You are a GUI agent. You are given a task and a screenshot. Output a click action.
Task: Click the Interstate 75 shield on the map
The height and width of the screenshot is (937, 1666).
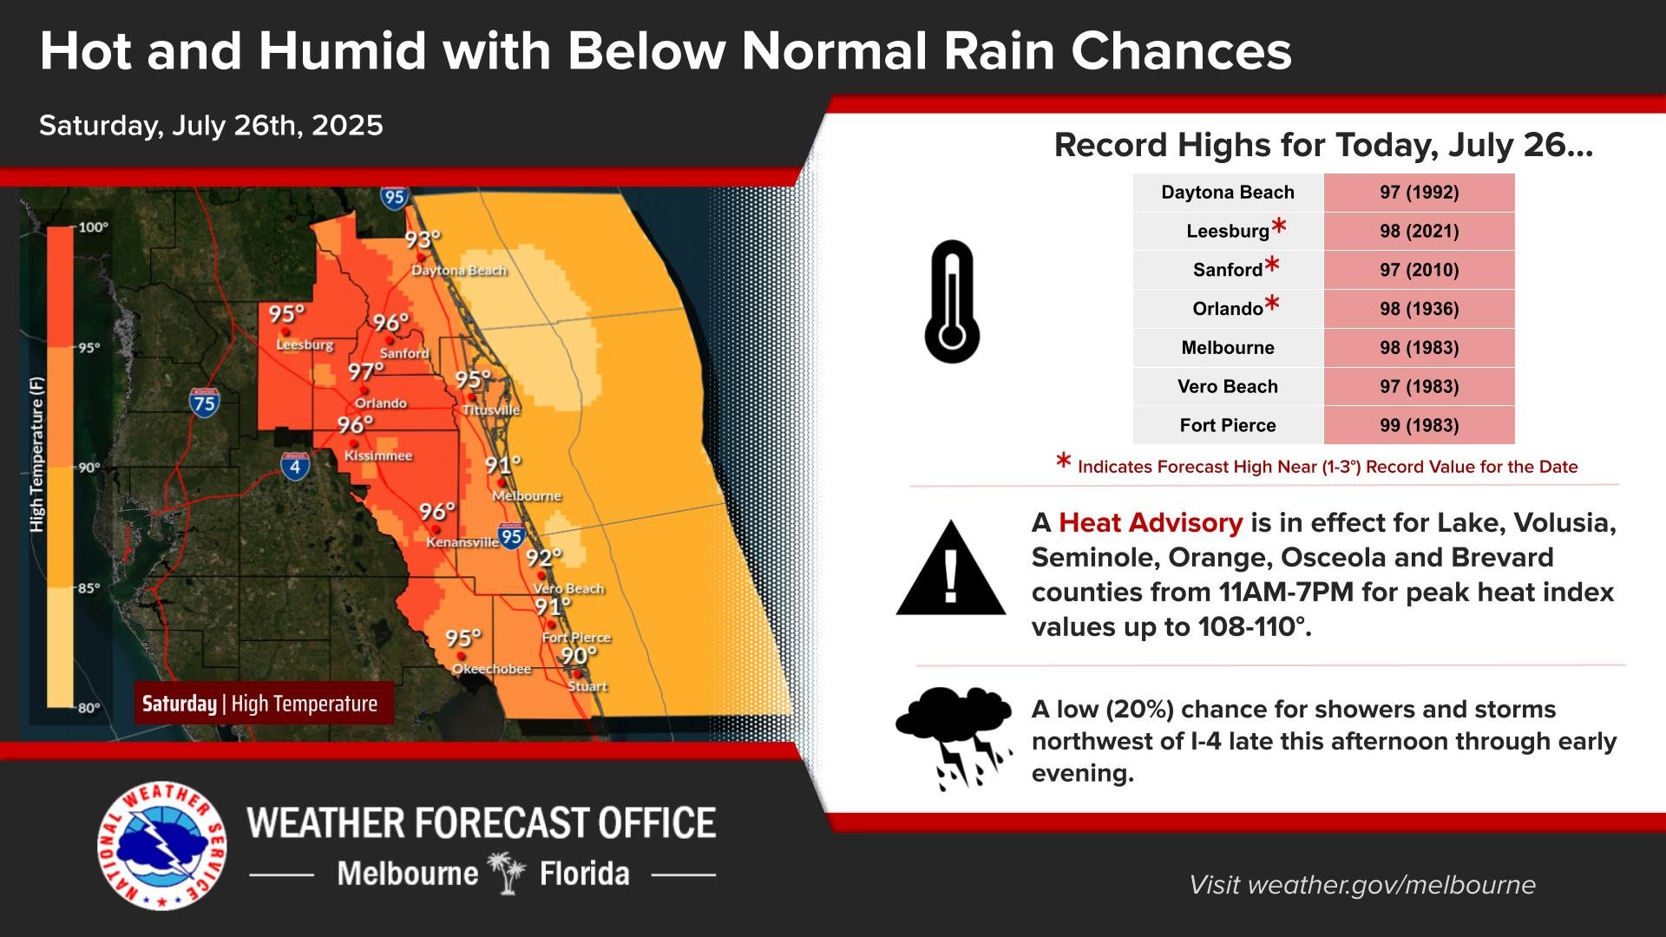(x=204, y=402)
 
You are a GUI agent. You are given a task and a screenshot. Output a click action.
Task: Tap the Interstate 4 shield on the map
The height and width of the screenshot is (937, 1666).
(x=295, y=466)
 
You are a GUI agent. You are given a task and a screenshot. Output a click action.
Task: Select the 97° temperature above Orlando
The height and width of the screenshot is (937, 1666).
(x=365, y=372)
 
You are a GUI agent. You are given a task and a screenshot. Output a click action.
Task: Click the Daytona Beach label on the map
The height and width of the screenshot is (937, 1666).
(x=458, y=271)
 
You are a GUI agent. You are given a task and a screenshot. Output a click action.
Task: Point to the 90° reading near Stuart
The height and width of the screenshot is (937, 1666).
(x=578, y=656)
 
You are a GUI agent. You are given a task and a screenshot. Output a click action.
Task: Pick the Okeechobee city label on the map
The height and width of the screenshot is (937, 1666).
(x=491, y=669)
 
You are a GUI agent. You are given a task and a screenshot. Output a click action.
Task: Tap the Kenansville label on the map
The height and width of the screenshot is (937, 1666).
(x=462, y=542)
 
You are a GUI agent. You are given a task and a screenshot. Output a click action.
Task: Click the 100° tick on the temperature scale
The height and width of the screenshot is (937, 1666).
(x=93, y=227)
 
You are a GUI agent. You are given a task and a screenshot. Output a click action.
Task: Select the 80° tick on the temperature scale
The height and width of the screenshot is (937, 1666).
(x=89, y=708)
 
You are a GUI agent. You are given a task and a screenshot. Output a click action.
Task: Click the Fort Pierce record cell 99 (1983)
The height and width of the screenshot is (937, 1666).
(x=1419, y=425)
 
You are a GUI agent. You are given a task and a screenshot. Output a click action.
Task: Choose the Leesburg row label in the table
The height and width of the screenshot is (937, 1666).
(x=1228, y=231)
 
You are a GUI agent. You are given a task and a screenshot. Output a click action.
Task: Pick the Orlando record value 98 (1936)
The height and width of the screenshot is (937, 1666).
(x=1419, y=309)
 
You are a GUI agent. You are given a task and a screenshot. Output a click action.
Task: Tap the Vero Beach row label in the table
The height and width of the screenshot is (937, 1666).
(x=1227, y=386)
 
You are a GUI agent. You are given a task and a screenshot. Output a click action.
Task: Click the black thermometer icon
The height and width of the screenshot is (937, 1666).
(x=952, y=302)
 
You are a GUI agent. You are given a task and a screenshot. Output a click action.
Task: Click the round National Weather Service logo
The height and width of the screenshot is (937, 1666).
(x=162, y=846)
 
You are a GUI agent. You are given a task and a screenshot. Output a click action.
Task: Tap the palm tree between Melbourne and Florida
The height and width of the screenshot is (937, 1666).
(x=508, y=872)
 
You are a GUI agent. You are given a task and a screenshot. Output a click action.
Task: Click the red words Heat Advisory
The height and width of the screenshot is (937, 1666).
(x=1151, y=522)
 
